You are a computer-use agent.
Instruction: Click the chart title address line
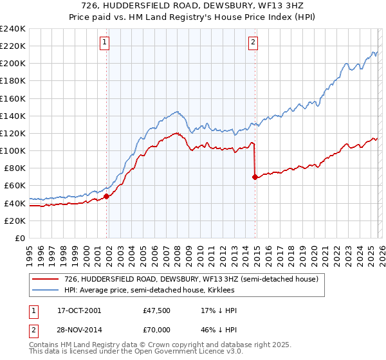(x=192, y=5)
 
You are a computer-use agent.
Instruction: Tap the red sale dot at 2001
(x=107, y=197)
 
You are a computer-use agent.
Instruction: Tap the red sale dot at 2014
(x=255, y=177)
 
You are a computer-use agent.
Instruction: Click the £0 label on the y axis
(x=19, y=238)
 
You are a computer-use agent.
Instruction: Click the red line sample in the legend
(x=45, y=280)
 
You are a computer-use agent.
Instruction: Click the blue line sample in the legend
(x=45, y=290)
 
